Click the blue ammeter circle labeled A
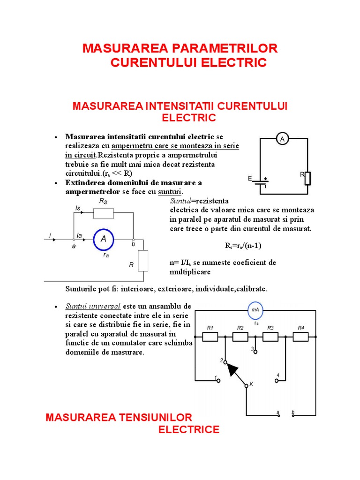click(104, 239)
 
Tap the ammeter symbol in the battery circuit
click(282, 138)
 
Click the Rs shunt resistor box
click(103, 214)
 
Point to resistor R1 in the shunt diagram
click(210, 337)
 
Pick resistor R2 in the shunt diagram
click(240, 337)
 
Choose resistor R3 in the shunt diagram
click(270, 337)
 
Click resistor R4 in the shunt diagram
click(300, 337)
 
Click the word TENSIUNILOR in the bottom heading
click(153, 418)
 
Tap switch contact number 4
click(277, 380)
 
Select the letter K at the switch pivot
click(252, 384)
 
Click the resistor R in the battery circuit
click(307, 178)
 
